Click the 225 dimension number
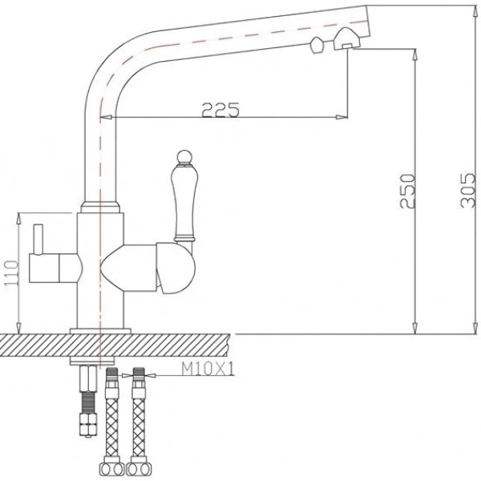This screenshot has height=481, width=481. (x=221, y=111)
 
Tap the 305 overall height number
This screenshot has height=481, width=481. (x=466, y=191)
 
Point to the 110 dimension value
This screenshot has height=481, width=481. (x=9, y=273)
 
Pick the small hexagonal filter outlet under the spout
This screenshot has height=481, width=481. (x=316, y=44)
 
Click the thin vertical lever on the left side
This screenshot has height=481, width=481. (x=37, y=240)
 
